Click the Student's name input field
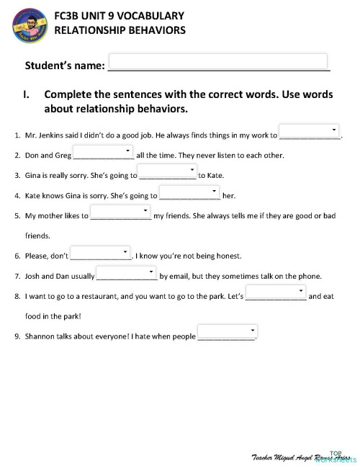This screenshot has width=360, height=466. (217, 61)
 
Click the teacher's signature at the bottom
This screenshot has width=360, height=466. (292, 457)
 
